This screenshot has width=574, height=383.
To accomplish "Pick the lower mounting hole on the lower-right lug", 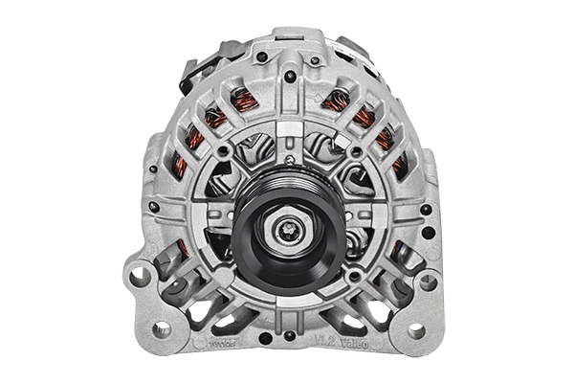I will click(415, 330).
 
